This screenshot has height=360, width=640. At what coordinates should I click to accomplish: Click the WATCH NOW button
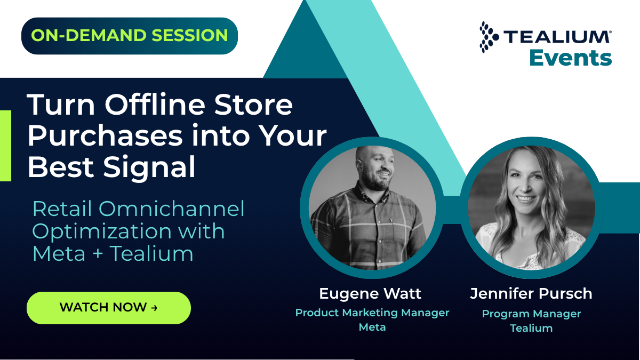coord(109,308)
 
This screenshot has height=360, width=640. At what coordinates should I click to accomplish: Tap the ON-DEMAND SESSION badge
coord(130,36)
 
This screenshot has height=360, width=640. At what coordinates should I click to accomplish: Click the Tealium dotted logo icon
coord(489,37)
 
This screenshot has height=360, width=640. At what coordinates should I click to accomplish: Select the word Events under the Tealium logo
coord(571,58)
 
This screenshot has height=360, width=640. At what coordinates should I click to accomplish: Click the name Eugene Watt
coord(370,293)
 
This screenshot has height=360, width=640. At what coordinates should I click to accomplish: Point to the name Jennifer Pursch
coord(531,293)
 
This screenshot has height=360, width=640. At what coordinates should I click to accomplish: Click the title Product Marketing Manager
coord(372,313)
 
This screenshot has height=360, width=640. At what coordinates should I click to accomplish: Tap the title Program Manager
coord(531,314)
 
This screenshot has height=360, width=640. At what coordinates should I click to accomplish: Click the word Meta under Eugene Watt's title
coord(372,327)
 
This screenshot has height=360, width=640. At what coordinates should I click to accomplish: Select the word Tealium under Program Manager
coord(531,328)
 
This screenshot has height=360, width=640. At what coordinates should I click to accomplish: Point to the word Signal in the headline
coord(149,166)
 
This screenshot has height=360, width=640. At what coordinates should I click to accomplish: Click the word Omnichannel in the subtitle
coord(171,209)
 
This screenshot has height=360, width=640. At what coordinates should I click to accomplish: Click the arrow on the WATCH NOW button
coord(154,308)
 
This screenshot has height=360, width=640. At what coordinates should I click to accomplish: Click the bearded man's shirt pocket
coord(402,231)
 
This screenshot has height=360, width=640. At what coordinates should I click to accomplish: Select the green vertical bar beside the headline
coord(5,146)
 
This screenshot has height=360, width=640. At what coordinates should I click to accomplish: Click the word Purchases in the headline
coord(105,135)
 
